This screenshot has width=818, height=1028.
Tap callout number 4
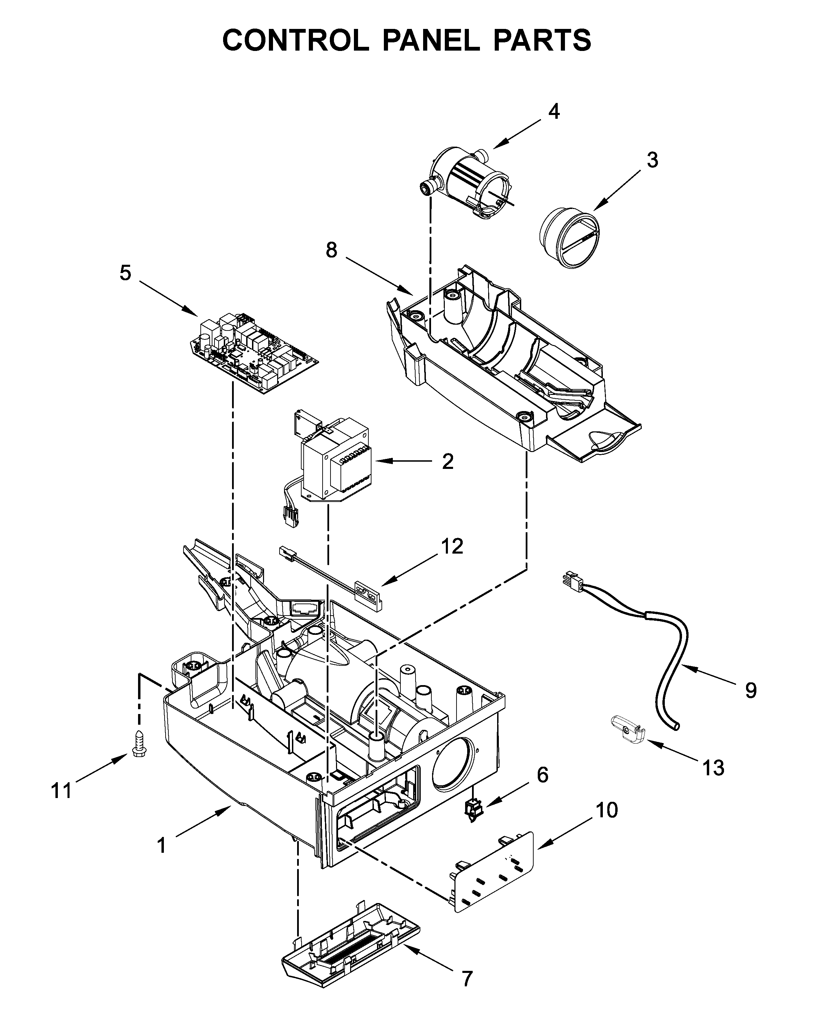(554, 112)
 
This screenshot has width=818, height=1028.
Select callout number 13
(713, 768)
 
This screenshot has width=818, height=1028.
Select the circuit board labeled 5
(255, 353)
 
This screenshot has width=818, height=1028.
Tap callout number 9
(751, 690)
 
